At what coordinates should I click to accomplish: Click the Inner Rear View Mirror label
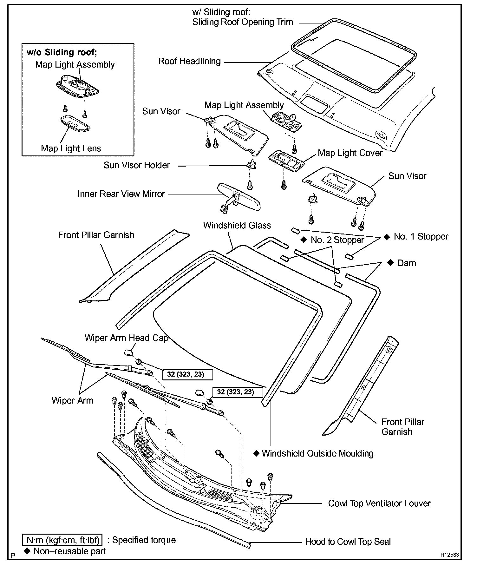coord(121,194)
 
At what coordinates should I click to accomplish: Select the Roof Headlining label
coord(189,61)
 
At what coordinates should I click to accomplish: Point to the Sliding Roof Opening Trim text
coord(242,22)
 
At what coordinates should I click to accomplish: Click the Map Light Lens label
coord(71,148)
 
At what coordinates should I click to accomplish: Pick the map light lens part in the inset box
coord(75,123)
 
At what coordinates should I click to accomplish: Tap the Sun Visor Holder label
coord(137,165)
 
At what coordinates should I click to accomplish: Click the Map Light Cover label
coord(350,153)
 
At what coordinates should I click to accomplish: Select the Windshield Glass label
coord(237,226)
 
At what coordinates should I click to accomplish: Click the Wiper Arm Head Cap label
coord(126,338)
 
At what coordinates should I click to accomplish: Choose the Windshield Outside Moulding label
coord(317,453)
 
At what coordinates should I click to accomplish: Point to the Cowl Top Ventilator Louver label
coord(379,503)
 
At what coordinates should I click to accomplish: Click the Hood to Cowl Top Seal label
coord(348,542)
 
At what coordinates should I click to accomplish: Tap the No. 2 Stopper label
coord(337,240)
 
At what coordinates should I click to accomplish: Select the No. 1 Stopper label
coord(421,237)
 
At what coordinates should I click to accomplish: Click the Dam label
coord(406,263)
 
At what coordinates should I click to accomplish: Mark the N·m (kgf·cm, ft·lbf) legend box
coord(62,540)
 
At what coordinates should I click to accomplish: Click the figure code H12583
coord(449,555)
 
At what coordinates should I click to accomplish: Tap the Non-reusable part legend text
coord(69,551)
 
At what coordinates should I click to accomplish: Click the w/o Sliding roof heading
coord(62,52)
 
